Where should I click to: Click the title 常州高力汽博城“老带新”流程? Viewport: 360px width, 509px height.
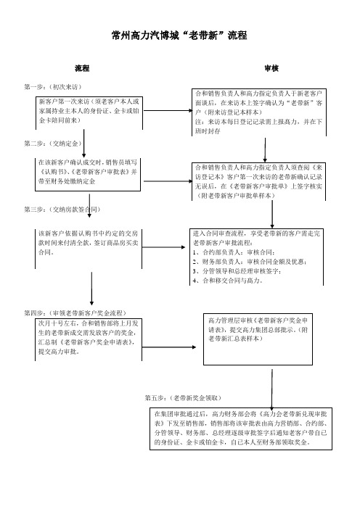(x=179, y=35)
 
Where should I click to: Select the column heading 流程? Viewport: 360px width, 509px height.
(x=82, y=68)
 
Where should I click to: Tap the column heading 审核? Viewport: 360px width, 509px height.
(x=271, y=68)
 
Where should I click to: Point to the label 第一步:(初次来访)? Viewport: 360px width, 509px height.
(x=53, y=87)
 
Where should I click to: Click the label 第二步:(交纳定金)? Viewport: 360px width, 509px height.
(x=53, y=144)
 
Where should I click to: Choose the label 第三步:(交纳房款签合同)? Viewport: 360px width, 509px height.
(x=62, y=210)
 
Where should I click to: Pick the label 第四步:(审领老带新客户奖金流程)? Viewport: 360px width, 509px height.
(x=75, y=313)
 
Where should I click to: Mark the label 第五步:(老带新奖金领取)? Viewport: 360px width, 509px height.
(x=183, y=398)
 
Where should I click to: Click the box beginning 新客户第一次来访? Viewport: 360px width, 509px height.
(x=89, y=112)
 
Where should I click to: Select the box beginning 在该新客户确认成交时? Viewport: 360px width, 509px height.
(x=88, y=175)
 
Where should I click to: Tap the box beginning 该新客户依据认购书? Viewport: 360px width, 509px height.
(x=89, y=249)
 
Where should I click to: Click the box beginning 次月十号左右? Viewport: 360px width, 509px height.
(x=89, y=339)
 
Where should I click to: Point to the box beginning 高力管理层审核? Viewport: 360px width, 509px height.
(x=258, y=339)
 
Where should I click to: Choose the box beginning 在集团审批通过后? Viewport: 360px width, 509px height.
(x=241, y=429)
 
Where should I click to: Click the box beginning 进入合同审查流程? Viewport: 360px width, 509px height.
(x=256, y=257)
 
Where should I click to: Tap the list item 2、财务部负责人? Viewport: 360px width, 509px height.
(x=250, y=262)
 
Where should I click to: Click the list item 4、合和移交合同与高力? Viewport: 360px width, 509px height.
(x=227, y=281)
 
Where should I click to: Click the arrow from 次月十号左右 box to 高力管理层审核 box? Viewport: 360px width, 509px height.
(x=169, y=347)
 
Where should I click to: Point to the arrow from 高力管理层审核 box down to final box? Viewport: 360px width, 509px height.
(x=272, y=389)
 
